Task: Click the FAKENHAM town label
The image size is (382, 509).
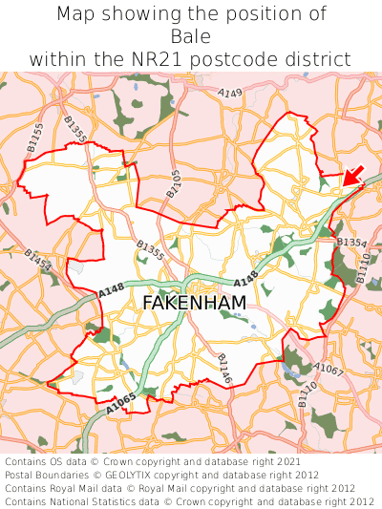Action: tap(194, 303)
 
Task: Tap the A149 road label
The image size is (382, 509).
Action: tap(230, 94)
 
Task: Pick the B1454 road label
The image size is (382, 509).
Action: tap(37, 259)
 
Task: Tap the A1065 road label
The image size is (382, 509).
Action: tap(121, 404)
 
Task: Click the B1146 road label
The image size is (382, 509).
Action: tap(225, 370)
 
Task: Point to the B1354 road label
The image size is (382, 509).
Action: tap(351, 244)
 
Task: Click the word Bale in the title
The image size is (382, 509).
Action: tap(191, 36)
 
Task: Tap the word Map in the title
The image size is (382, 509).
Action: tap(76, 14)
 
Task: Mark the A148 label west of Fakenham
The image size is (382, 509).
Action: tap(112, 288)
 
